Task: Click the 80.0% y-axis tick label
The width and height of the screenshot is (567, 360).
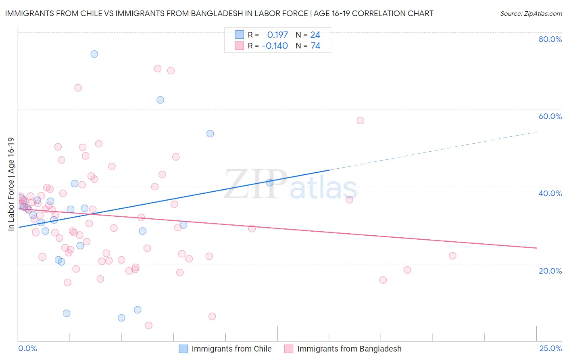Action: coord(550,39)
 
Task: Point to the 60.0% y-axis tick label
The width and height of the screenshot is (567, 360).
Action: coord(550,116)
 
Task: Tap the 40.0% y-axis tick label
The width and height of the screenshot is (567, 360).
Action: coord(550,193)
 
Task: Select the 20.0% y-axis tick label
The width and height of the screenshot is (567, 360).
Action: coord(550,271)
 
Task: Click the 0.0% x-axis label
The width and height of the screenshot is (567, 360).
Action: coord(27,348)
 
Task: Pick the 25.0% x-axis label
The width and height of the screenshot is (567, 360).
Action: coord(550,348)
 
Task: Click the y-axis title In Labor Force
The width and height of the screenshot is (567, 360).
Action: coord(11,184)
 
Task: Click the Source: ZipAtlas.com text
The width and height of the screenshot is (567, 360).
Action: coord(531,14)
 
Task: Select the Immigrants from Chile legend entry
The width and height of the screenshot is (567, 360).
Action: coord(231,349)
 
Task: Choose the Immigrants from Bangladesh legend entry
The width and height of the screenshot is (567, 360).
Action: coord(349,349)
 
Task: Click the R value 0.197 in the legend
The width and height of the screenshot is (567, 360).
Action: coord(277,35)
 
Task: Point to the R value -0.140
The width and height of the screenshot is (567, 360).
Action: coord(275,46)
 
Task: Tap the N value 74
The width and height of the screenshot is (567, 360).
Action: coord(315,46)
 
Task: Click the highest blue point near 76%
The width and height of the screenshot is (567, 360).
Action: coord(94,54)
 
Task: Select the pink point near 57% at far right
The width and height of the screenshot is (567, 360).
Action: coord(361,121)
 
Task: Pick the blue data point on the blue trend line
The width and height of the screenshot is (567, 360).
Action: coord(270,183)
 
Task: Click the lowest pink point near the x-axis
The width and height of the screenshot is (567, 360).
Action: coord(148,325)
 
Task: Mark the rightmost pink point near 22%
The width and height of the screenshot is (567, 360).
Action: coord(452,256)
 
